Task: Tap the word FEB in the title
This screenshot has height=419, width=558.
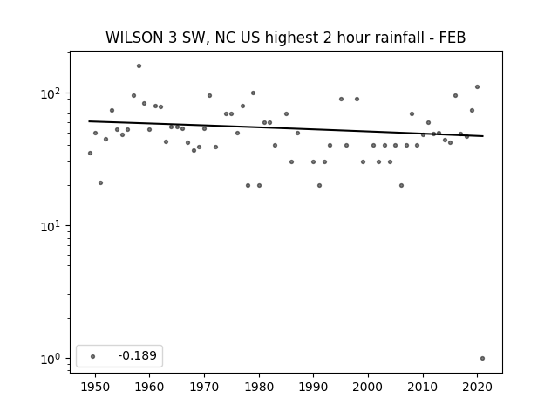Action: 453,38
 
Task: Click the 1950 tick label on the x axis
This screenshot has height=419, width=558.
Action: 95,387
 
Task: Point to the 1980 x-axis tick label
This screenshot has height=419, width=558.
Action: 259,387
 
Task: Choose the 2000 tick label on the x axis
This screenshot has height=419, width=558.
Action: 368,387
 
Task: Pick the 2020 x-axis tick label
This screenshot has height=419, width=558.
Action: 477,387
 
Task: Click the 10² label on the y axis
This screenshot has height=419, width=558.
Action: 50,93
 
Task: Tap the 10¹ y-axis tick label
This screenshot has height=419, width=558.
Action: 50,226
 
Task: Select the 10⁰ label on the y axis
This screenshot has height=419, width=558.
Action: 50,359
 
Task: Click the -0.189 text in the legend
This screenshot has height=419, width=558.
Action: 138,355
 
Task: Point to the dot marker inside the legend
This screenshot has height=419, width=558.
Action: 93,356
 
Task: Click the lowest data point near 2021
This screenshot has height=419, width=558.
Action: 482,359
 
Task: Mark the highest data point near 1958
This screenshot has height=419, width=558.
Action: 139,66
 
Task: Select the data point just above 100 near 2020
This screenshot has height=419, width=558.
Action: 477,87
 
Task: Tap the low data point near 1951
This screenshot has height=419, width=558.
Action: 101,182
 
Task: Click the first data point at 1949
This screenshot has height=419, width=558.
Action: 90,154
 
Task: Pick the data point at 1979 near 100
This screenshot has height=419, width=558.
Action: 254,93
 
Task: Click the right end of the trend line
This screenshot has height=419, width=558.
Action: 483,136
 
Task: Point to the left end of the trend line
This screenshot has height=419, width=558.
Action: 89,121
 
